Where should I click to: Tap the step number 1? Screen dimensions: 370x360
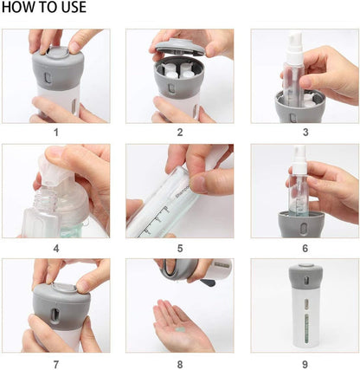[56, 133]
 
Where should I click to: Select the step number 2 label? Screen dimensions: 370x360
[180, 133]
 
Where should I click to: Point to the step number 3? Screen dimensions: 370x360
[305, 133]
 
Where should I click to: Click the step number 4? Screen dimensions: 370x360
[56, 249]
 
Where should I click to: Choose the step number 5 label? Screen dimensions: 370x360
[180, 249]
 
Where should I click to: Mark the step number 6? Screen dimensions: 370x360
[305, 249]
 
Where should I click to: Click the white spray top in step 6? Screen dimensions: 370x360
[299, 158]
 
